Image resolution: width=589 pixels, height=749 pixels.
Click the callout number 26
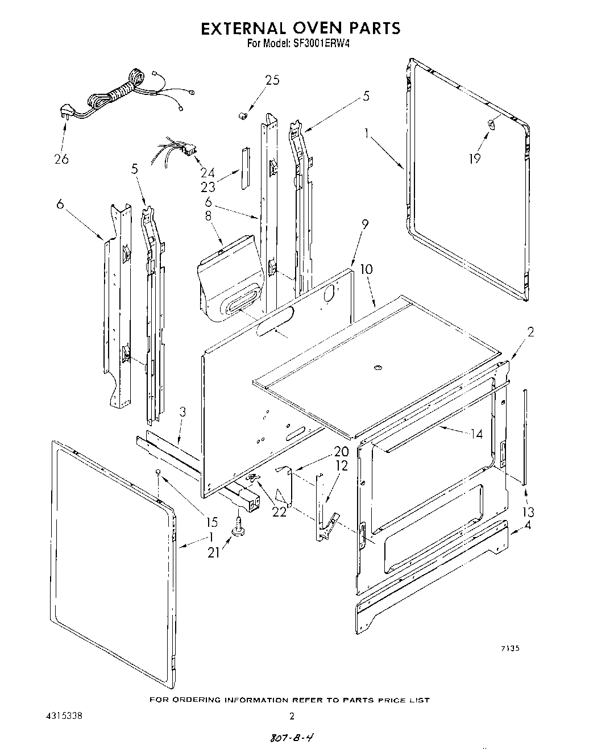click(61, 159)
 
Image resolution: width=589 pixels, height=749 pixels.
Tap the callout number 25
click(272, 80)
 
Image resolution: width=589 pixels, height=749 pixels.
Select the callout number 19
click(474, 159)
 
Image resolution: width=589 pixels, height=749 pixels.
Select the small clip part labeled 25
click(242, 115)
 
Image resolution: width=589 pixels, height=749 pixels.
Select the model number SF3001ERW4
click(320, 43)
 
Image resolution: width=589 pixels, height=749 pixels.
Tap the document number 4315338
click(63, 716)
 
